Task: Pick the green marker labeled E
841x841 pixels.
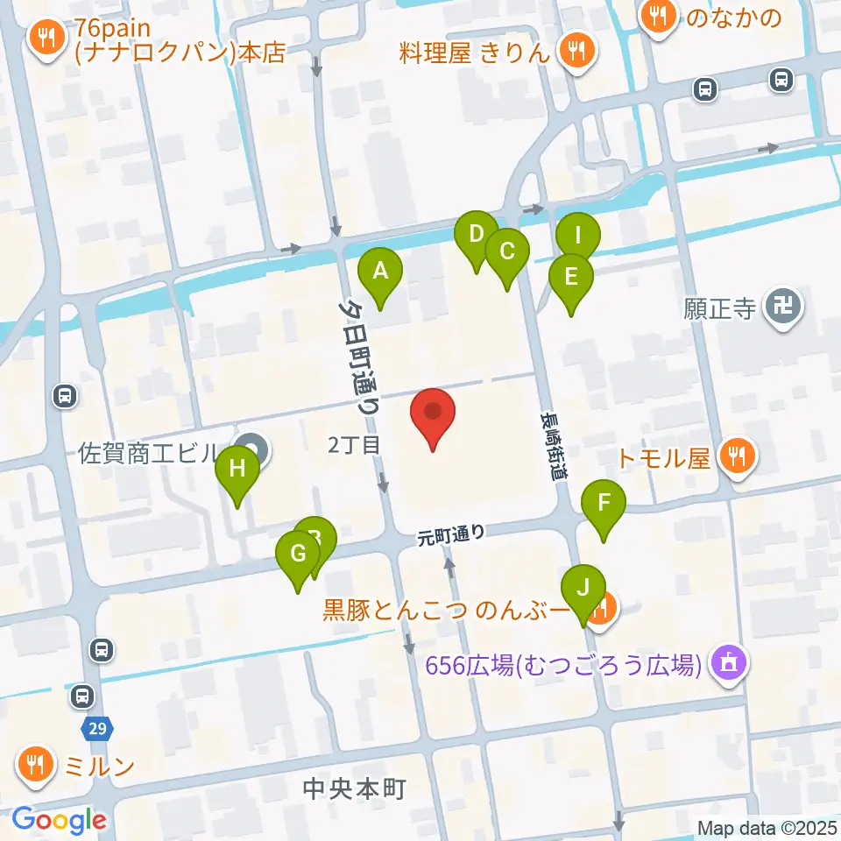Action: (x=571, y=279)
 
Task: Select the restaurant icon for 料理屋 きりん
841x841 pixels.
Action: (x=576, y=52)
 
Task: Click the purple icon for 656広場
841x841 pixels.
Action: (x=729, y=663)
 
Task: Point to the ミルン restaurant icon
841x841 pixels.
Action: (x=35, y=767)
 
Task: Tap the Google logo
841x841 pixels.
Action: (x=60, y=820)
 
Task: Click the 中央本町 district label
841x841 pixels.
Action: (x=354, y=789)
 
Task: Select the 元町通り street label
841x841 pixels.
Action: (x=451, y=534)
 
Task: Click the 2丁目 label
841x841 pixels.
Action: (x=354, y=446)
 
